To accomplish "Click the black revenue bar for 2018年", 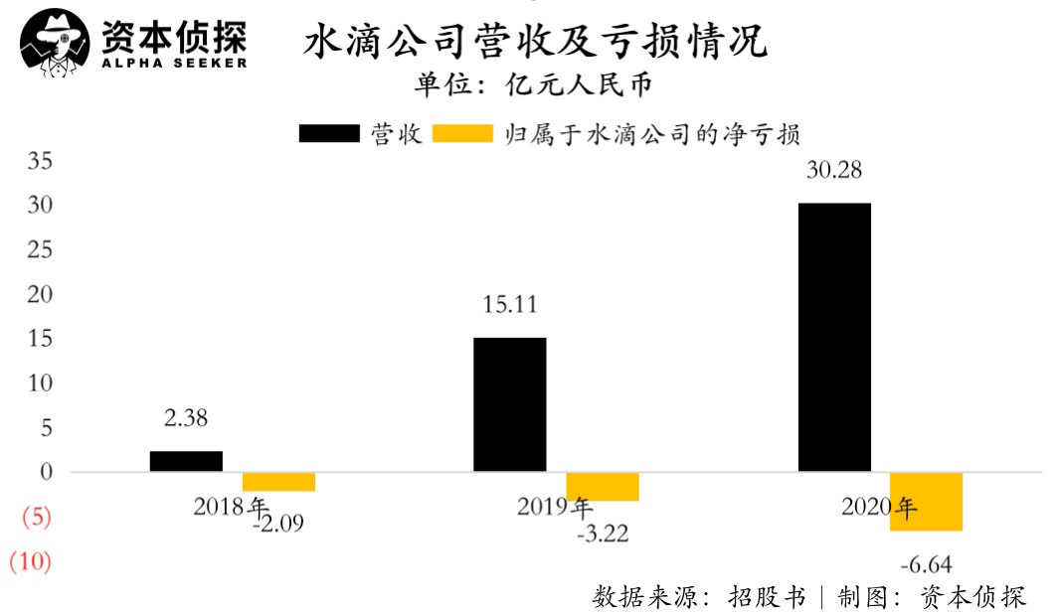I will [x=186, y=461].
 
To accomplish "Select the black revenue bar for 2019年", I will [x=509, y=404].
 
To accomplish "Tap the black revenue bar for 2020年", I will [x=834, y=337].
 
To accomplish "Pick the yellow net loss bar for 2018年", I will [x=279, y=482].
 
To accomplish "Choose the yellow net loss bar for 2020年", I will [x=926, y=502].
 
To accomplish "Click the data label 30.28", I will [x=833, y=170].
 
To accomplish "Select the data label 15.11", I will [x=509, y=304].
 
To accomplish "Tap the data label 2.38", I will [x=186, y=418].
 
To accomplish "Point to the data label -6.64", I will [x=926, y=565].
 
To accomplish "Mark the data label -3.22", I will [x=603, y=536].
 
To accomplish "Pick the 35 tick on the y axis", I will [x=40, y=161].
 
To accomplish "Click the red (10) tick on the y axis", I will [x=30, y=561].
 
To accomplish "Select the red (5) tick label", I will [x=35, y=517].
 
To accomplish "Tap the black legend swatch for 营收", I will [x=329, y=134].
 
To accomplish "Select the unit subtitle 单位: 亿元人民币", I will [x=534, y=85].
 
